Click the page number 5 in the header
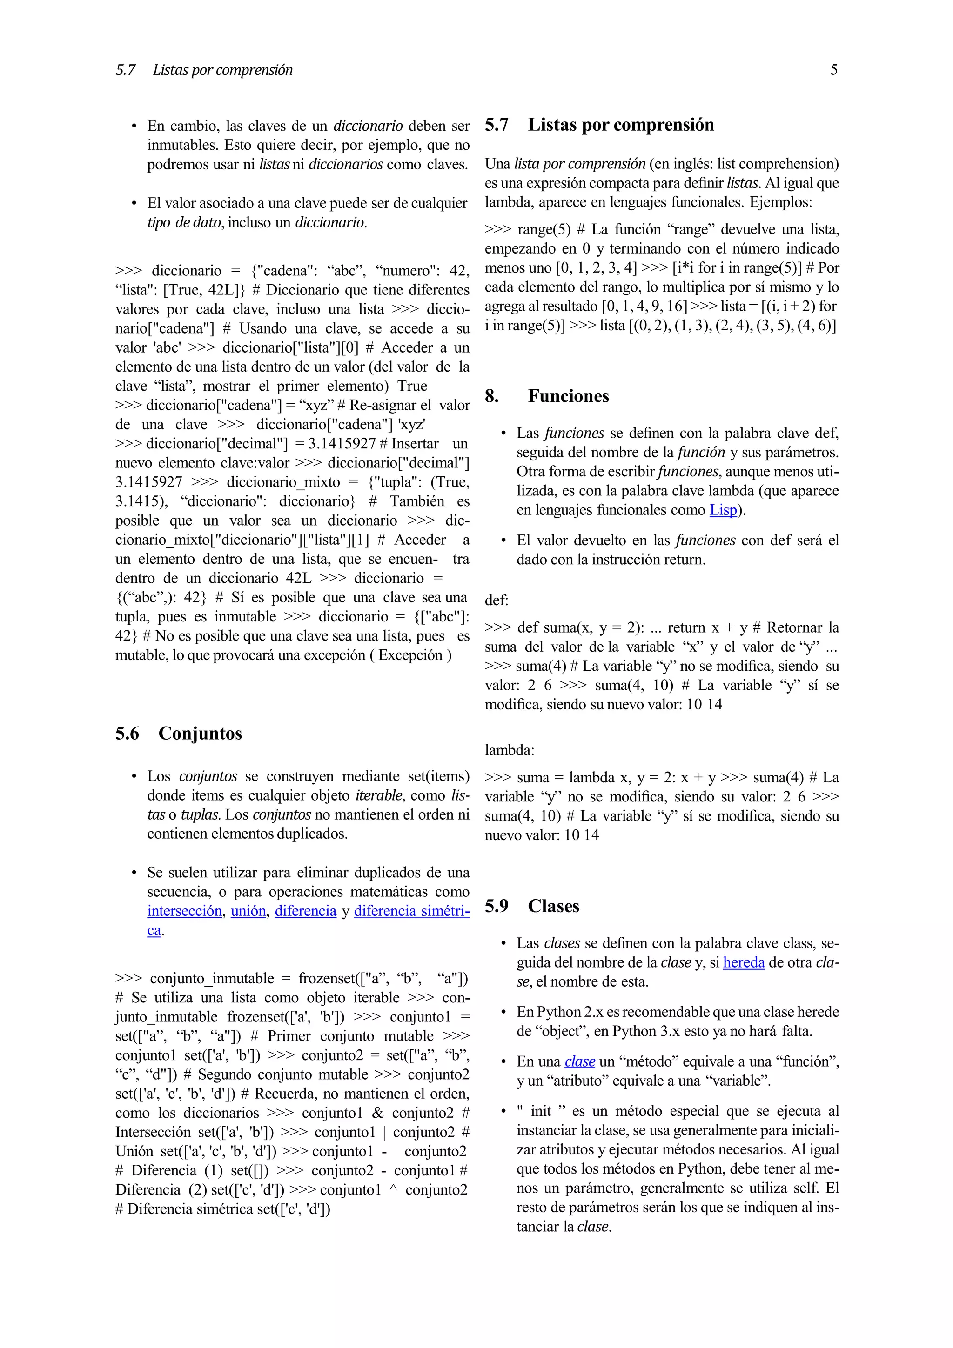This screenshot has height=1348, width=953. point(833,70)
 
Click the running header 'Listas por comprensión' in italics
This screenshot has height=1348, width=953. point(222,70)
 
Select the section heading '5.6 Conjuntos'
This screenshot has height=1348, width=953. point(179,733)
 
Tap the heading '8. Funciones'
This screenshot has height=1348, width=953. point(547,396)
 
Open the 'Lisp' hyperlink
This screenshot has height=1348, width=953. point(723,510)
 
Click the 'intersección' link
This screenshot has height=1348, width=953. point(184,911)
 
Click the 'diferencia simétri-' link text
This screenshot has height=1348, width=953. point(412,911)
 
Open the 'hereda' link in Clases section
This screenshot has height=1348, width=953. point(744,963)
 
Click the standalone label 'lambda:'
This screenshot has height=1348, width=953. point(509,750)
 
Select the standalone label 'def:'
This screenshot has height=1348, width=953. point(496,601)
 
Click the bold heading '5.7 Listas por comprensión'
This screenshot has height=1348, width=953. point(599,125)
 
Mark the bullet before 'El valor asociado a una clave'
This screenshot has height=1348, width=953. point(134,204)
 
